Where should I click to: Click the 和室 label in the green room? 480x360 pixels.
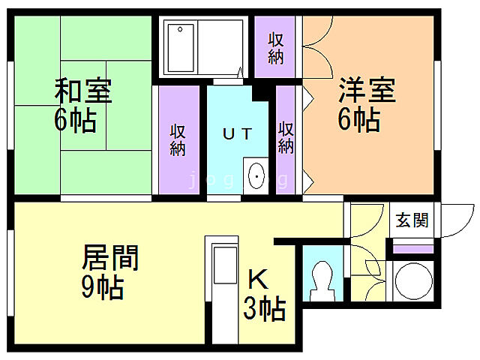pos(82,91)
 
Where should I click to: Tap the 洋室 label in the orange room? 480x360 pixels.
pos(365,91)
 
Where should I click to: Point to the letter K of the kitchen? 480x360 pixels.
pos(257,280)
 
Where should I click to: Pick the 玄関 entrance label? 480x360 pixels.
pos(412,220)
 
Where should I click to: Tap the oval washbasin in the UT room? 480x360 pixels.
pos(256,177)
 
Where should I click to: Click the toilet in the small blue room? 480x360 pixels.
pos(322,280)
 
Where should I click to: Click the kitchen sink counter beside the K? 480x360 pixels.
pos(223,277)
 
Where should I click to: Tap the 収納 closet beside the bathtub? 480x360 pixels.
pos(276,46)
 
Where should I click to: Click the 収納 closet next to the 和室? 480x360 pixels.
pos(178,139)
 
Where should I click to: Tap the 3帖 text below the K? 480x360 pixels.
pos(264,307)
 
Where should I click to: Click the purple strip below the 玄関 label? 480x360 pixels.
pos(413,248)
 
